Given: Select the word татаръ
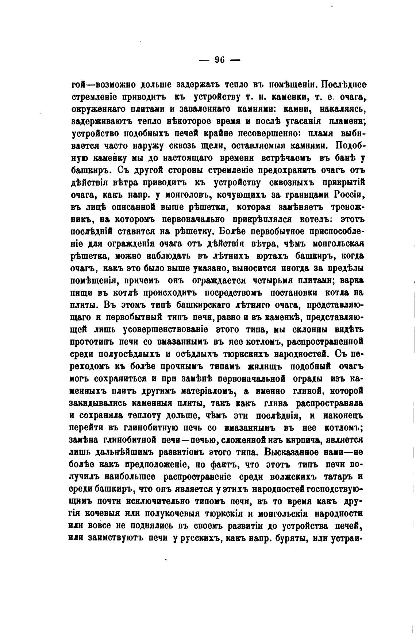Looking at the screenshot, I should (337, 477).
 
